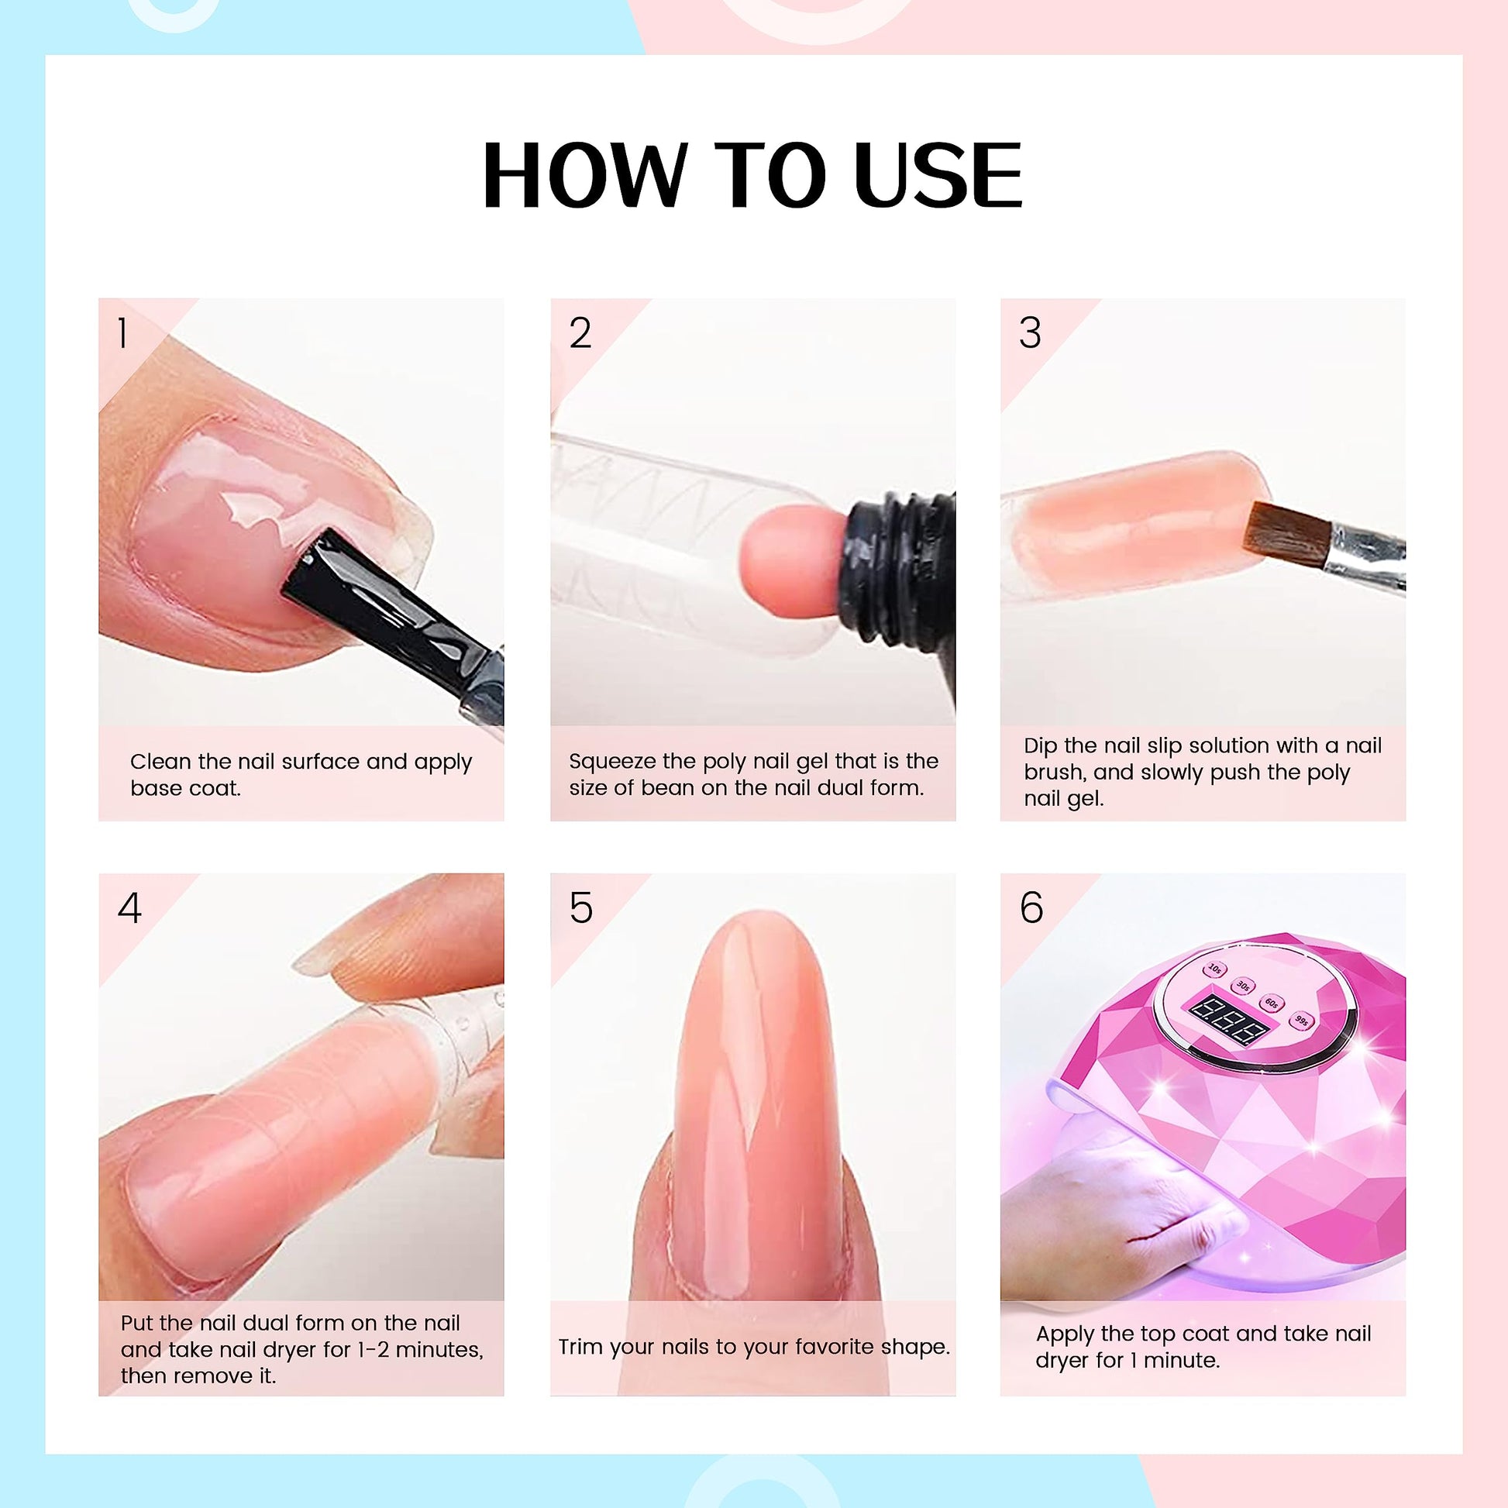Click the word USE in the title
pos(938,177)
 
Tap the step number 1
pos(122,333)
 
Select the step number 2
pos(580,333)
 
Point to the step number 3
pos(1030,333)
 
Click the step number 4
pos(129,907)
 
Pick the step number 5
pos(580,907)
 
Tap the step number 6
pos(1031,907)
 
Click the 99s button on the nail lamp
pos(1301,1019)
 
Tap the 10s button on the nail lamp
pos(1214,969)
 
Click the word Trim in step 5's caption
pos(580,1347)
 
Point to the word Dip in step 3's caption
pos(1041,746)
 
